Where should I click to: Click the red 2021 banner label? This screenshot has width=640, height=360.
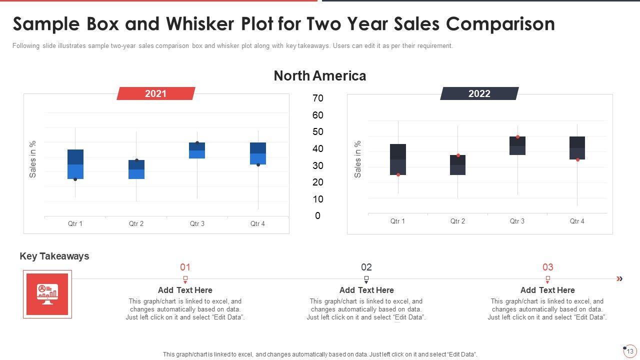coord(155,93)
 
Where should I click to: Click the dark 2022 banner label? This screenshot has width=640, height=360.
coord(479,93)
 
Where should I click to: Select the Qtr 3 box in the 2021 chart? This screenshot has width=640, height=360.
coord(197,150)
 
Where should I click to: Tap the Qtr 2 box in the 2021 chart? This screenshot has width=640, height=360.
coord(136,169)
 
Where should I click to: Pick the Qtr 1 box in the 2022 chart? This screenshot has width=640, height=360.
coord(398,159)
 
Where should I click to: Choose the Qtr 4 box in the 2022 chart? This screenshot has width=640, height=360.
coord(577,148)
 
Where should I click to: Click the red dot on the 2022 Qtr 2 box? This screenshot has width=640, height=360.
coord(458,155)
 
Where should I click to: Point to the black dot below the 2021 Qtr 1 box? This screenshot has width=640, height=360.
coord(75,179)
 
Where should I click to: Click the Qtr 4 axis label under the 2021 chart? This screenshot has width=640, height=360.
coord(257,223)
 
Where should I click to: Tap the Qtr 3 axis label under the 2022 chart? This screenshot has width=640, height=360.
coord(517,221)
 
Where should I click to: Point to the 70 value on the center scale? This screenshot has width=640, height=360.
coord(318,98)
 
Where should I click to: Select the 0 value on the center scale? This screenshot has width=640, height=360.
coord(318,216)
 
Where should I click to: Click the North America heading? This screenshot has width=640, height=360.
coord(320,76)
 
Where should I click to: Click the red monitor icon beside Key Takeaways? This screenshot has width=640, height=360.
coord(47,294)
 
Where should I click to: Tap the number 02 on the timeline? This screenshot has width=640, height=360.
coord(366,267)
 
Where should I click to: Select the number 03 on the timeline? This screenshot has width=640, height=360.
coord(548,267)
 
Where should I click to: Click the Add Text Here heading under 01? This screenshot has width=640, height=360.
coord(185,290)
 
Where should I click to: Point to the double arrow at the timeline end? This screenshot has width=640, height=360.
coord(619,279)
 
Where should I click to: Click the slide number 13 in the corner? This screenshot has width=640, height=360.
coord(630,351)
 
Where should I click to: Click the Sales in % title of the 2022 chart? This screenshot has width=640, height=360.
coord(358,159)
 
